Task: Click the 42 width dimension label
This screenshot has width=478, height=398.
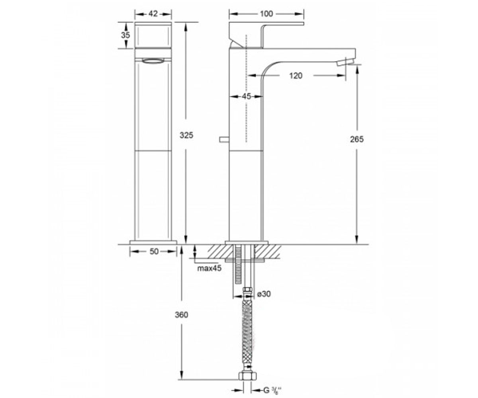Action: [x=153, y=14]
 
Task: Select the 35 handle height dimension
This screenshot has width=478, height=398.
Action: [x=125, y=35]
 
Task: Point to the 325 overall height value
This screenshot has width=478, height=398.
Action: [x=186, y=135]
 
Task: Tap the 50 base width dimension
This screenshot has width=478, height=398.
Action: [x=154, y=252]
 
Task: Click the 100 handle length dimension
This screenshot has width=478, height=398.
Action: [x=266, y=14]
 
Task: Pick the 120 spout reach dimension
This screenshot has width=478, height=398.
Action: [x=296, y=76]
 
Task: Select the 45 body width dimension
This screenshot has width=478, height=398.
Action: [x=246, y=96]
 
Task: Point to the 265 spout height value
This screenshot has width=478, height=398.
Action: [x=357, y=139]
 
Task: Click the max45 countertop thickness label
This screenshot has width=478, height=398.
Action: [x=210, y=268]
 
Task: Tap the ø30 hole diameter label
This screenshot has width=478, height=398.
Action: [x=264, y=294]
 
